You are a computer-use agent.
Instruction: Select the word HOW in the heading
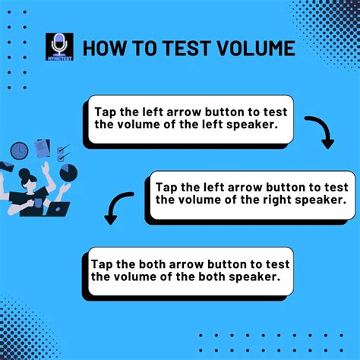point(103,49)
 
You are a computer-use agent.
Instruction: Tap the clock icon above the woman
point(20,150)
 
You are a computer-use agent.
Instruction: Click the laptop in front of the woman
point(58,208)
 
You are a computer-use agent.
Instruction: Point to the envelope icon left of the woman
point(7,166)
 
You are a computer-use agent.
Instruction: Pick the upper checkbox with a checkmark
point(63,148)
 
